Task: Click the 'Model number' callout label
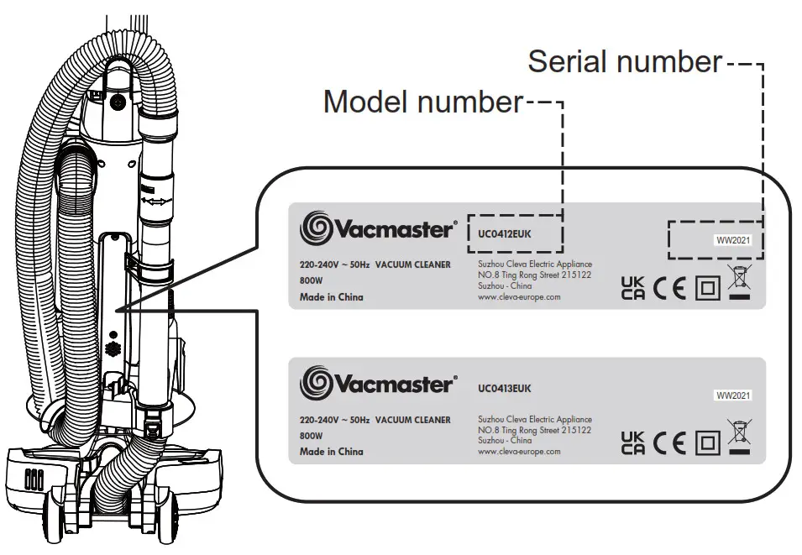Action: pos(422,102)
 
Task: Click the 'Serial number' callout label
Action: pos(625,61)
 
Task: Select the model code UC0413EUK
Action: pos(504,389)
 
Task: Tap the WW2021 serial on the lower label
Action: pos(732,395)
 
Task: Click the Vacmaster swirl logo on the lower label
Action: pos(317,382)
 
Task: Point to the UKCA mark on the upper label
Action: pos(633,288)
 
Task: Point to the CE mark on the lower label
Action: pos(669,442)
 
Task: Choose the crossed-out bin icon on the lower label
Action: pos(740,437)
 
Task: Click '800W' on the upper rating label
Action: pos(312,282)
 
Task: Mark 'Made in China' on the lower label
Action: pos(332,452)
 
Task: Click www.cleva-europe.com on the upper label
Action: pos(518,296)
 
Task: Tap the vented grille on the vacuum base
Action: pos(33,479)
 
